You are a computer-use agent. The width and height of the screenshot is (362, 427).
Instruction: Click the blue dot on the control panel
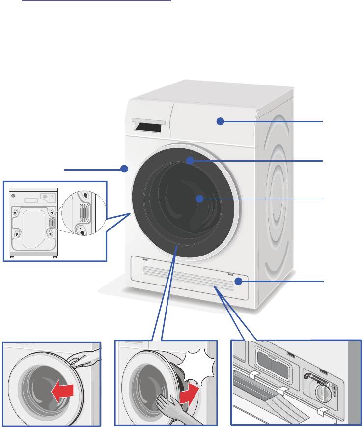point(221,121)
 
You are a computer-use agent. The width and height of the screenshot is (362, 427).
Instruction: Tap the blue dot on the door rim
point(190,160)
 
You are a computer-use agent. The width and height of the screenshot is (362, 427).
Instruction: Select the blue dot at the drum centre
point(199,199)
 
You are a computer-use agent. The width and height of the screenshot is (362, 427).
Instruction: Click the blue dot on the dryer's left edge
point(124,169)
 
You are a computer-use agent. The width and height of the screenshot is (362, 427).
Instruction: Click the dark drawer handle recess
point(148,127)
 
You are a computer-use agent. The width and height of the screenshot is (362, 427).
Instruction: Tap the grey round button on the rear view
point(13,195)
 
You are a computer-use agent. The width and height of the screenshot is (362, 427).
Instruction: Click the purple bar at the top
point(96,1)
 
